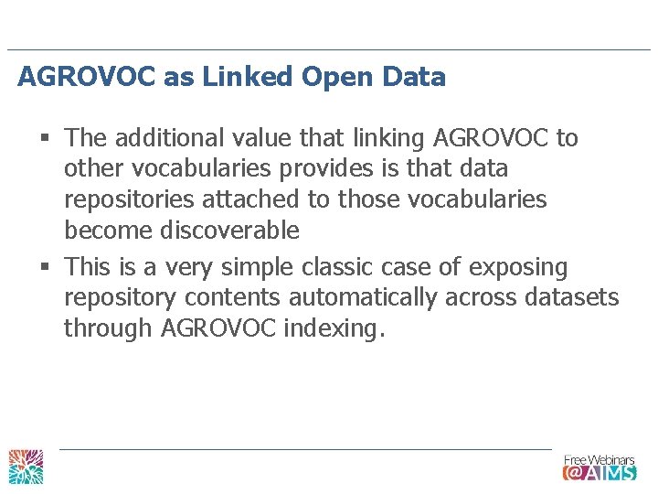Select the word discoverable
pos(229,231)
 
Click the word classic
pos(323,267)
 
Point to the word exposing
pos(518,267)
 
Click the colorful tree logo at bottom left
pos(26,466)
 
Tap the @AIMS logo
pos(599,472)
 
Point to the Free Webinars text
pos(598,459)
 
